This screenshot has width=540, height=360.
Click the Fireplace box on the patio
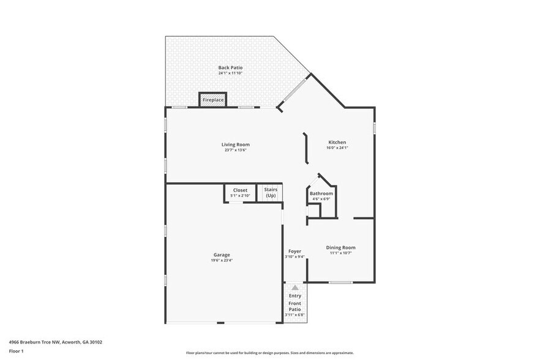(213, 100)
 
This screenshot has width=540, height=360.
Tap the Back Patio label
(230, 67)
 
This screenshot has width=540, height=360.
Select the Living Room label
(235, 144)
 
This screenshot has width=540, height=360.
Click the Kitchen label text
(337, 142)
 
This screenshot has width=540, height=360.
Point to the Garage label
(222, 255)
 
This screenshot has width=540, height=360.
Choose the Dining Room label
(340, 247)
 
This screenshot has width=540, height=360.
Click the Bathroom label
(321, 193)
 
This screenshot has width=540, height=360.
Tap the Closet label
(240, 190)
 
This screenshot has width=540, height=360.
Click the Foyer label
(294, 251)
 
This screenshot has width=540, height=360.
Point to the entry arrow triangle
(295, 287)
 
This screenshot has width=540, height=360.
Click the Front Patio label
(295, 307)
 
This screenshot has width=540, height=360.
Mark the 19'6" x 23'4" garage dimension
(222, 260)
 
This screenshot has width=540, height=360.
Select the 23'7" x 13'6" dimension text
(235, 150)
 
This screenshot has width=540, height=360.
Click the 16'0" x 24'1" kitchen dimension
(337, 148)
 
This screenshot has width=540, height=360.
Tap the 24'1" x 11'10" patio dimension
(230, 73)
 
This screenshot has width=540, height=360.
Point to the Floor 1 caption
(16, 351)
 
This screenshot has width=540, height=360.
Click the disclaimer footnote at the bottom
(269, 353)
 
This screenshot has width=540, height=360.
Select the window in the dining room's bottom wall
(340, 282)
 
